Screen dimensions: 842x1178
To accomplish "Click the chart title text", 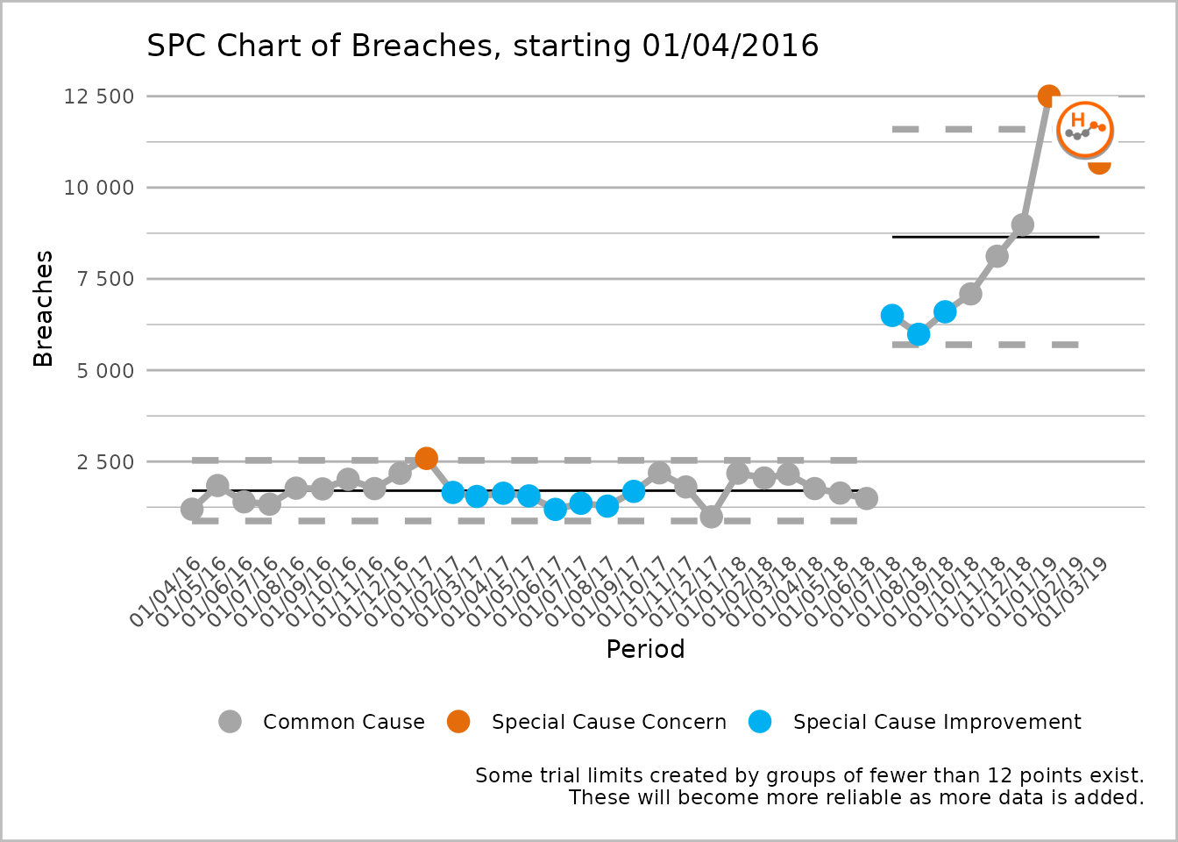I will point(482,46).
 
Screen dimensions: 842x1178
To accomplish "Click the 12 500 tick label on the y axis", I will point(98,96).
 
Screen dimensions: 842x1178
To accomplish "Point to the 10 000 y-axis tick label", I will point(98,188).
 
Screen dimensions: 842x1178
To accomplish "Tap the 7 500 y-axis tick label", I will point(103,279).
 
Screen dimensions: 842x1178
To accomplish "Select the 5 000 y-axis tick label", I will point(103,371).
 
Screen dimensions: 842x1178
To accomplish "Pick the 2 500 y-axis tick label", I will point(103,462).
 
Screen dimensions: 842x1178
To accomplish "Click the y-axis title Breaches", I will point(43,309).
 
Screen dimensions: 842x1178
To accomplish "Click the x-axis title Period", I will point(645,649).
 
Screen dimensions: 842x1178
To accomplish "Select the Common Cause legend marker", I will point(230,722).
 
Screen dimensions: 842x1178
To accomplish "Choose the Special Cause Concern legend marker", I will point(458,722).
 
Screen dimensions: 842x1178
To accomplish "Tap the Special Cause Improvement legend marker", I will point(760,722).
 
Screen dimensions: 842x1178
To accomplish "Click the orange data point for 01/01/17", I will point(426,458).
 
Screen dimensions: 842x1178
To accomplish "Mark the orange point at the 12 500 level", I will point(1048,96).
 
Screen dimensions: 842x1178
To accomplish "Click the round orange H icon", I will point(1085,130).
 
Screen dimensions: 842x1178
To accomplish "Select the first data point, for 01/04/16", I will point(192,509).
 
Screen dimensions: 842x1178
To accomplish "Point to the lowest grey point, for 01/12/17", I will point(711,517).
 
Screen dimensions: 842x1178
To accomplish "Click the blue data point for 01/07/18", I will point(892,315).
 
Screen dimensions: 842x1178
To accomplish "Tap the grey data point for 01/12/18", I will point(1022,225).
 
